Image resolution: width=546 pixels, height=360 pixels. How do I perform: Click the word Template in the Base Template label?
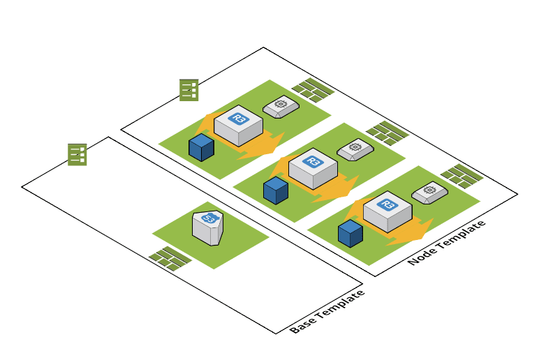click(340, 305)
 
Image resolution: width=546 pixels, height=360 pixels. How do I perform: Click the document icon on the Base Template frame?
click(77, 154)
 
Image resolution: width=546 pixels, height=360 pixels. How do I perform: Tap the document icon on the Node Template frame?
click(189, 90)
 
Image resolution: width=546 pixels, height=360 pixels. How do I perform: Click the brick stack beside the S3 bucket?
click(170, 257)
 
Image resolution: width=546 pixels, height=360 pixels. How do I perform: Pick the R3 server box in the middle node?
click(313, 169)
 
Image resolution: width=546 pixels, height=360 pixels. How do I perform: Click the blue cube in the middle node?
click(276, 190)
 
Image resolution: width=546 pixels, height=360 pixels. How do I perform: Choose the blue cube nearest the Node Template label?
click(350, 233)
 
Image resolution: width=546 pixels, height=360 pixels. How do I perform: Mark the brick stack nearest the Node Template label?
click(462, 174)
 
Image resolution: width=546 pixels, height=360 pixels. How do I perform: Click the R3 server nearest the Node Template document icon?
click(238, 125)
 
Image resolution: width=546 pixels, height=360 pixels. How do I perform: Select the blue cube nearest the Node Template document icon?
click(201, 147)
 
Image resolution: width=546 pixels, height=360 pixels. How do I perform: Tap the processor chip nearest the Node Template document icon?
click(281, 107)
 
